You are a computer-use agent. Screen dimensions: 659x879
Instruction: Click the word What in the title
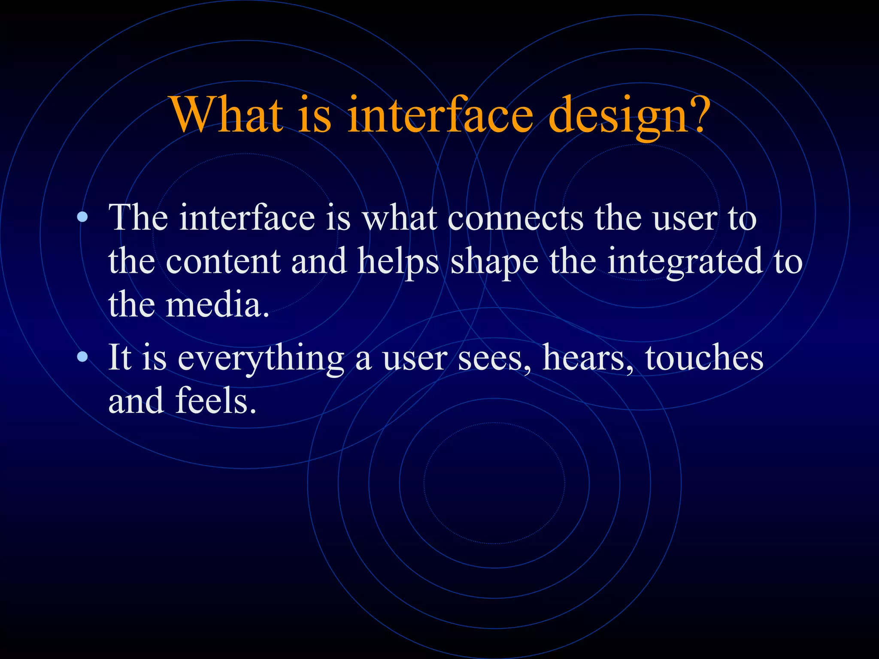click(x=227, y=115)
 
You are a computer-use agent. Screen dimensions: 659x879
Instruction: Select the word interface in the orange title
click(x=440, y=115)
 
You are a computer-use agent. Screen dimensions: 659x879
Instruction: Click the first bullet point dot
click(x=82, y=218)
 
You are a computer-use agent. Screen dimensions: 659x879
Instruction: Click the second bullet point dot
click(x=82, y=357)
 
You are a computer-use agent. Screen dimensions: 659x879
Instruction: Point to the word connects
click(x=515, y=218)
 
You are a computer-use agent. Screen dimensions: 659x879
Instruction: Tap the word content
click(x=223, y=262)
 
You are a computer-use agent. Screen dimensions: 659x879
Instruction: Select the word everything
click(x=261, y=359)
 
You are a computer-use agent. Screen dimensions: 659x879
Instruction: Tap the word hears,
click(x=588, y=358)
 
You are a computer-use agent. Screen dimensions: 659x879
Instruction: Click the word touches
click(x=704, y=358)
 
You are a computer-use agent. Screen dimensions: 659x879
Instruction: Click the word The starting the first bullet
click(x=138, y=218)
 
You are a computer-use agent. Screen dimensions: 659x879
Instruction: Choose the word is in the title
click(x=315, y=115)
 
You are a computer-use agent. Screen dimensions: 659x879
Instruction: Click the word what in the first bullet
click(x=400, y=218)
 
